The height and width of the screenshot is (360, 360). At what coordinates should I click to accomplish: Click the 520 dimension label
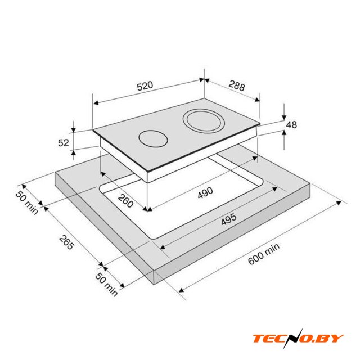(x=145, y=86)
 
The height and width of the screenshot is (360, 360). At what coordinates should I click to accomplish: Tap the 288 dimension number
(x=237, y=85)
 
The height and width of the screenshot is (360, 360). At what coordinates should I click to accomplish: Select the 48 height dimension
(x=291, y=125)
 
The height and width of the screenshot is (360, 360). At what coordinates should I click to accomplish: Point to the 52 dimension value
(x=63, y=143)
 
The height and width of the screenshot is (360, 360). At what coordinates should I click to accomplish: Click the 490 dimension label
(x=205, y=192)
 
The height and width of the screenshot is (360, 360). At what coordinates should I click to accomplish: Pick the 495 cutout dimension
(x=229, y=219)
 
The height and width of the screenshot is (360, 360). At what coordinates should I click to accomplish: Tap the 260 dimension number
(x=125, y=200)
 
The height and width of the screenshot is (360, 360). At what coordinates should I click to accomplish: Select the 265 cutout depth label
(x=66, y=242)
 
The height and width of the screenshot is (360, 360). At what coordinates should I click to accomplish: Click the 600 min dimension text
(x=264, y=254)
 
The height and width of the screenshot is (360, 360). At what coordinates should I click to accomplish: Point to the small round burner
(x=153, y=139)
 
